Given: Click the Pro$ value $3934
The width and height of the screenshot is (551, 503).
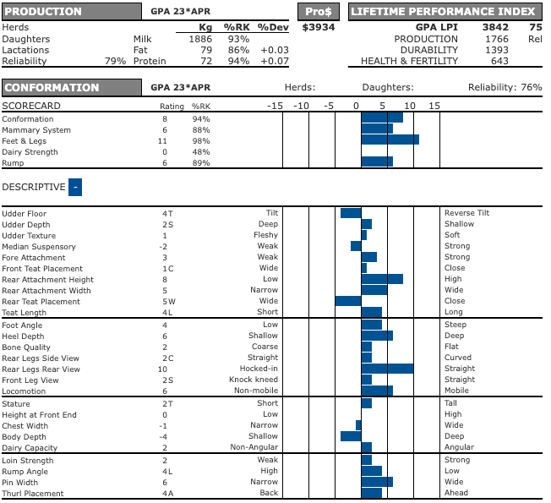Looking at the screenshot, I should tap(319, 28).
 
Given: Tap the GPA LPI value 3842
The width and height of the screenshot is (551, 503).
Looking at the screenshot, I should tap(494, 28).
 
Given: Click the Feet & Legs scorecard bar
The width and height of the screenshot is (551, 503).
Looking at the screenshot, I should tap(390, 140).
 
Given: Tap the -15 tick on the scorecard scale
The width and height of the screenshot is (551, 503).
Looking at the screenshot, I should tap(275, 106).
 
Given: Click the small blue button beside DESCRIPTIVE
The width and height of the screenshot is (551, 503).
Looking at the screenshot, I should tap(75, 187).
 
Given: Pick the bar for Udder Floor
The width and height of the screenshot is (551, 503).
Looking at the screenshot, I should tap(351, 214).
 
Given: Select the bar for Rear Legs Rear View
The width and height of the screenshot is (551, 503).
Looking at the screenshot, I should tap(387, 369).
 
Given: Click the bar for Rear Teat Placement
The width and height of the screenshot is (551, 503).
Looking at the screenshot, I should tap(348, 301).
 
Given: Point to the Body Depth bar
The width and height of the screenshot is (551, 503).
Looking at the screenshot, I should tap(351, 436).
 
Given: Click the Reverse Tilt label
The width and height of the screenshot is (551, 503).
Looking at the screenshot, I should tap(466, 214).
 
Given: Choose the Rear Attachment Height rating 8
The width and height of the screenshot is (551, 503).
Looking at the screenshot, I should tap(165, 280).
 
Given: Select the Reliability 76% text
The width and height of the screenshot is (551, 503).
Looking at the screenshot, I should tap(505, 88).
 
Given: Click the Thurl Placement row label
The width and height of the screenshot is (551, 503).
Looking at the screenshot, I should tap(32, 493).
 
